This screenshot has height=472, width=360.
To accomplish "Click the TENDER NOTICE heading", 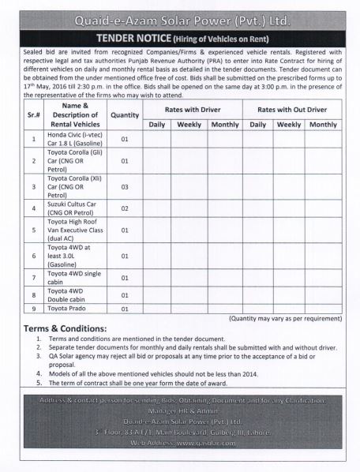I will coord(180,36).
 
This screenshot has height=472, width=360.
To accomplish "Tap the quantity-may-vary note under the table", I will coord(285,317).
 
